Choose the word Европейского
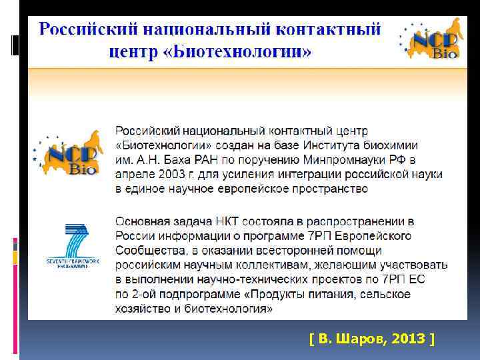375,235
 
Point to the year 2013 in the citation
408,339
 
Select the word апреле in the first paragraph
136,174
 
